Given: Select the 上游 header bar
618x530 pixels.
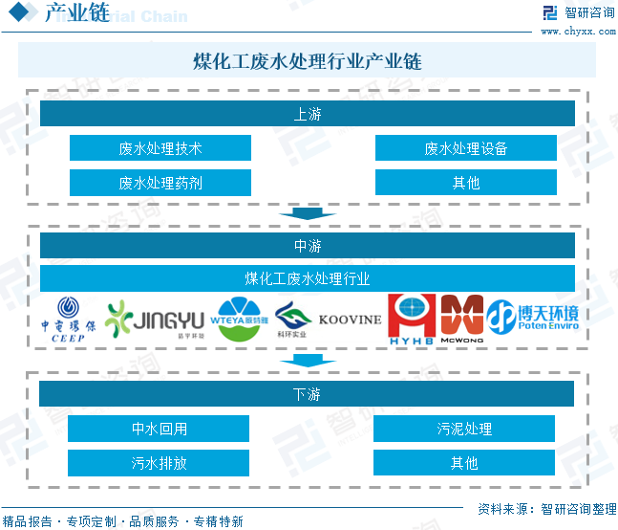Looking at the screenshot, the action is [x=307, y=114].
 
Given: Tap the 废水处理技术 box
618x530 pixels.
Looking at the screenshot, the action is [x=160, y=148].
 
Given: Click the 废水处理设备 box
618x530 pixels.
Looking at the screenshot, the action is [x=465, y=148].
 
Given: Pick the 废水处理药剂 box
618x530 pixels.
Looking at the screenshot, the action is [x=160, y=183].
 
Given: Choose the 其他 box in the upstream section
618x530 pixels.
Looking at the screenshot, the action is [x=465, y=183].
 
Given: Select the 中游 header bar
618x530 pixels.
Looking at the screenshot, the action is [x=307, y=246].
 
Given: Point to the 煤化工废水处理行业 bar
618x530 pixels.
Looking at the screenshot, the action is [x=307, y=279].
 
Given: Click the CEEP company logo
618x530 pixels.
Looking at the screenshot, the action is [x=69, y=319].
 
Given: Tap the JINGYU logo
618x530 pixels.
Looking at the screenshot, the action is [x=156, y=320].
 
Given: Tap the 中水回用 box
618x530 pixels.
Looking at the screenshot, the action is [x=159, y=429].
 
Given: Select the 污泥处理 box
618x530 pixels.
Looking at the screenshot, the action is [x=464, y=429].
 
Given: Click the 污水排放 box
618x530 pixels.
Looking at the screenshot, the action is [x=159, y=463].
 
